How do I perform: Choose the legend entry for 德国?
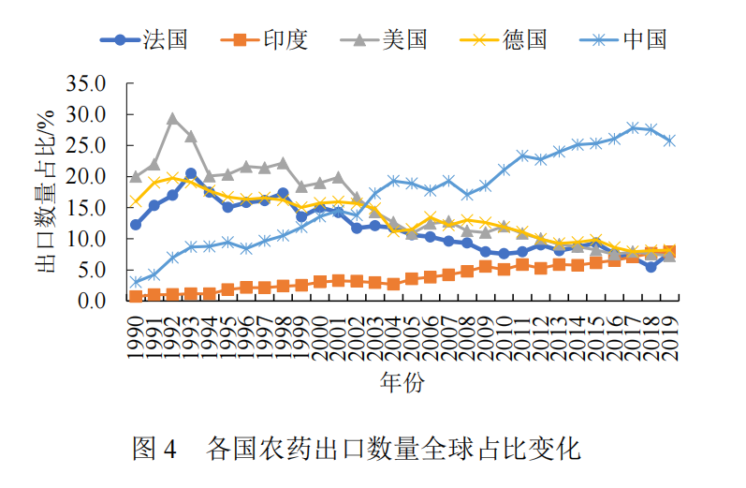pos(504,39)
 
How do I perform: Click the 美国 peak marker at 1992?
pos(173,119)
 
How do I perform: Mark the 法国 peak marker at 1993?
pos(191,173)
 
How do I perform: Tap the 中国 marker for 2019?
pos(669,140)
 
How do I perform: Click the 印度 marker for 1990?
pos(136,296)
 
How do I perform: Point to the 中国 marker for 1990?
pos(136,282)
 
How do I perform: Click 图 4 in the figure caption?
pos(155,449)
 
